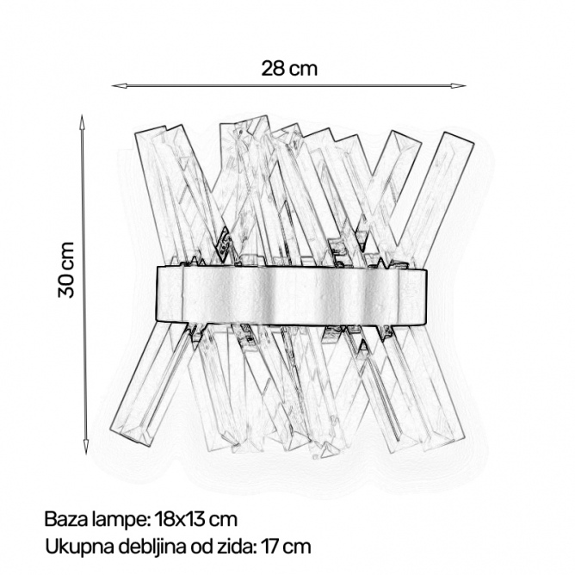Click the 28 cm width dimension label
[x=289, y=69]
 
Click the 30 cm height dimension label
[x=66, y=269]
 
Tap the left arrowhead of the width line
[x=119, y=86]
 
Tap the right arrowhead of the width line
[x=459, y=86]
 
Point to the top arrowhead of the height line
[x=83, y=121]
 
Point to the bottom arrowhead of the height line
[x=86, y=447]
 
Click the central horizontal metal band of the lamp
[x=292, y=295]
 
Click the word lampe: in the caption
[x=121, y=521]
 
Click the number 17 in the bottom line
[x=270, y=547]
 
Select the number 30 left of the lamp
[x=66, y=285]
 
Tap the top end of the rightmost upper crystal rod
[x=460, y=138]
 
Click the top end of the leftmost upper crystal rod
[x=151, y=129]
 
